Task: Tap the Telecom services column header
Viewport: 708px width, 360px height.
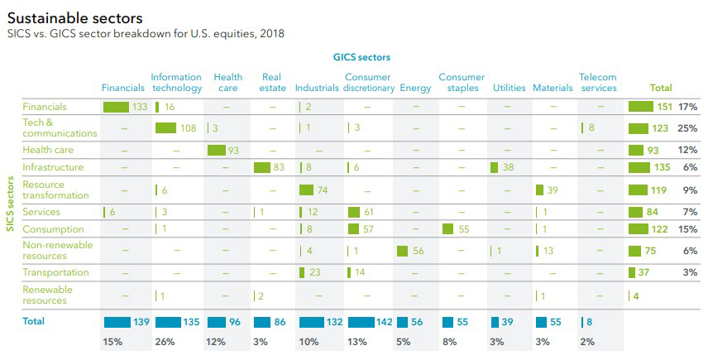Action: click(598, 83)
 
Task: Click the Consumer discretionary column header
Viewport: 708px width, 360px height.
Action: click(369, 83)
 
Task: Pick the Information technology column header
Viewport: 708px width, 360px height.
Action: click(176, 83)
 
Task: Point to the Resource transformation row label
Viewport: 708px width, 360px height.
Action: click(55, 190)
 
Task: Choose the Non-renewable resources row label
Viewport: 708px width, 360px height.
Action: click(57, 251)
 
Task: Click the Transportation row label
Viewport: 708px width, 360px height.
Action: click(55, 272)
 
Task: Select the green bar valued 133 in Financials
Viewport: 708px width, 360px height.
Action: click(116, 107)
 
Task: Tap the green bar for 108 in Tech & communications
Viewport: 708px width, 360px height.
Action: click(165, 127)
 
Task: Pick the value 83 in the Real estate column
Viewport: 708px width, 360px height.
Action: click(280, 168)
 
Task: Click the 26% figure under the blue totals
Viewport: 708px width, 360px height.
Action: click(165, 342)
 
